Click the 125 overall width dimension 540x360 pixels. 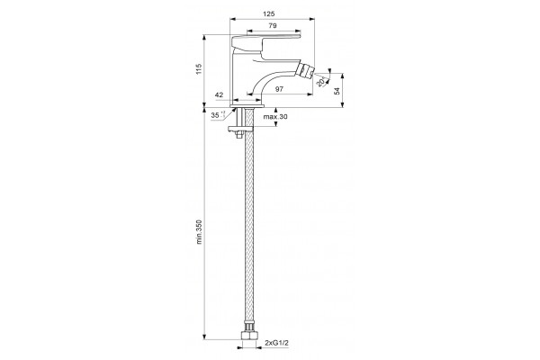[x=268, y=13]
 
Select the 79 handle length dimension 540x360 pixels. [x=273, y=25]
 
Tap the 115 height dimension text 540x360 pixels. [x=198, y=68]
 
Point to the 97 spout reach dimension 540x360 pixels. [x=279, y=89]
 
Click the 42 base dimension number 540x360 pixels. [x=219, y=94]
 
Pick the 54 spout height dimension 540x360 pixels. [x=337, y=91]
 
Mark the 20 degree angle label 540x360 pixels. [x=319, y=83]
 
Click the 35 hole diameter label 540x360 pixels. [x=215, y=115]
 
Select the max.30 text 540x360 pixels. [x=275, y=116]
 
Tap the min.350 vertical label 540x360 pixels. [x=199, y=232]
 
